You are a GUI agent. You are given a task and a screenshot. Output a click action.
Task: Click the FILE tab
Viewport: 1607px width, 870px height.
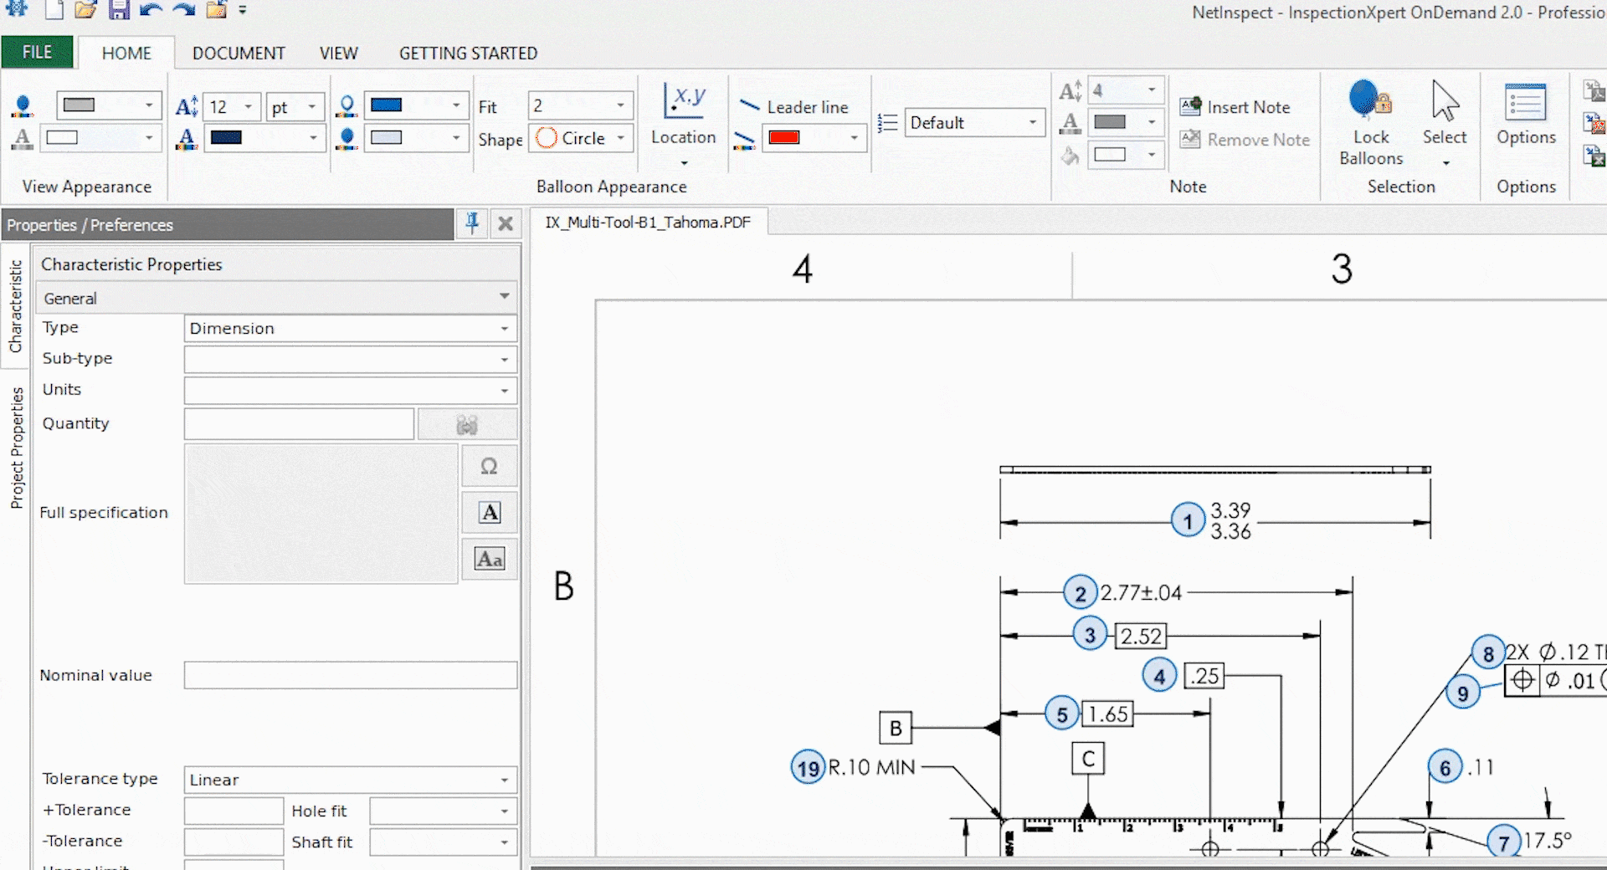point(37,52)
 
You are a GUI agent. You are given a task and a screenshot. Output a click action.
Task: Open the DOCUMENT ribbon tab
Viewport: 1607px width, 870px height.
point(239,54)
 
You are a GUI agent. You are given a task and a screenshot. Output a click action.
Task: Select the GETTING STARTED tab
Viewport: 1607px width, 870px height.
point(468,54)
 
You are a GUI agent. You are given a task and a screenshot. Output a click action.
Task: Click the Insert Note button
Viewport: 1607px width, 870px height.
point(1235,107)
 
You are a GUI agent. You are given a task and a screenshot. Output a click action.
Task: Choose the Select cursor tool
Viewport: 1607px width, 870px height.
point(1445,103)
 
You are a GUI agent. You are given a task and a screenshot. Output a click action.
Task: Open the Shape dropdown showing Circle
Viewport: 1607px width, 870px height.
point(583,138)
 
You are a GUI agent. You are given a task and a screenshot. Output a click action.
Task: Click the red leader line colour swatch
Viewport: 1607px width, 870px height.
point(784,138)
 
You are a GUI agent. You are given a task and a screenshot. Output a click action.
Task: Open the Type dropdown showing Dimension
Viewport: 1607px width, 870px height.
point(350,329)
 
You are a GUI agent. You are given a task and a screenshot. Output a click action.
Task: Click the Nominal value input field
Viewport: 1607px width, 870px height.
point(350,675)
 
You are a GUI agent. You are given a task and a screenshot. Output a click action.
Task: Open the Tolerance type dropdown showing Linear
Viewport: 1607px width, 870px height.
point(350,780)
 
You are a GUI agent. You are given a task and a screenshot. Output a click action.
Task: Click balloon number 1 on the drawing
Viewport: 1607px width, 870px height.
point(1188,521)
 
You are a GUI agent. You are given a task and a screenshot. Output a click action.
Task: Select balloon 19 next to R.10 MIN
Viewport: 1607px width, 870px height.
point(808,767)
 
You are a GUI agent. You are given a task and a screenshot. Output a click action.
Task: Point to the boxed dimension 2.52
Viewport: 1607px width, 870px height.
point(1141,636)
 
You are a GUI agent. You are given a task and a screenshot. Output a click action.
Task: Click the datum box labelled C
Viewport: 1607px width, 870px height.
point(1088,759)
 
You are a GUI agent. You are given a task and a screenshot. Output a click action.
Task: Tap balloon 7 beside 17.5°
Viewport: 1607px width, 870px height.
point(1503,842)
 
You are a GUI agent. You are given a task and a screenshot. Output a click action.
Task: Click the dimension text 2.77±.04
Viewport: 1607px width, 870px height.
point(1141,593)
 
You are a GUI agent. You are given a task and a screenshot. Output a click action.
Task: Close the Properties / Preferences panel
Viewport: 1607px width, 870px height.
point(506,223)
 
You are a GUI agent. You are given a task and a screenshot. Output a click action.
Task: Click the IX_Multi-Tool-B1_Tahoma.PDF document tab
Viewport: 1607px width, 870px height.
point(648,223)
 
